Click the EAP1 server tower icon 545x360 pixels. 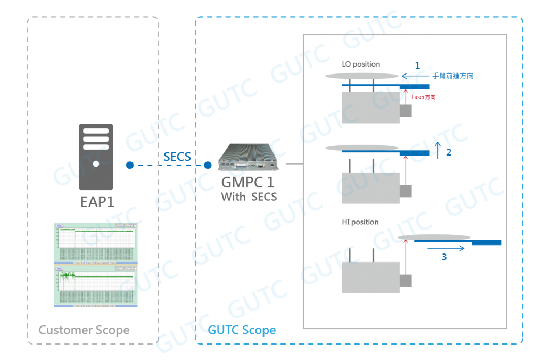click(96, 157)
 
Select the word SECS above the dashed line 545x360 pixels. click(177, 157)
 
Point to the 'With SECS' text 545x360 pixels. click(249, 196)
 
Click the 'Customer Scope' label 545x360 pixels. click(84, 330)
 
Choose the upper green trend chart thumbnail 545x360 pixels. click(95, 242)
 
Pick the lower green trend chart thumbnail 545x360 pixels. click(95, 285)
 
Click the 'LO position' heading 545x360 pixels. click(361, 64)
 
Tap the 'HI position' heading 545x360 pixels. click(360, 222)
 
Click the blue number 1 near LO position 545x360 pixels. click(417, 66)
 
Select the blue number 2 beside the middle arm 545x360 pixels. click(448, 153)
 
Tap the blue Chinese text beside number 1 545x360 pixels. click(452, 77)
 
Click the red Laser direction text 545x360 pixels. click(424, 97)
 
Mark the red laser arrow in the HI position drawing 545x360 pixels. click(406, 258)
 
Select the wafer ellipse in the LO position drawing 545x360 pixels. click(362, 76)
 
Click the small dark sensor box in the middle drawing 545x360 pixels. click(406, 190)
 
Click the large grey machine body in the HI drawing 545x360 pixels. click(370, 277)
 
